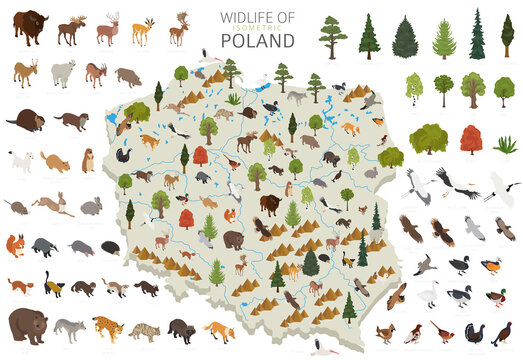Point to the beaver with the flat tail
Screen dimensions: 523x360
[24, 122]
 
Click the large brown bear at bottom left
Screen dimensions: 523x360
[27, 324]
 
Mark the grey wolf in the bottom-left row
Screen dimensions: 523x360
[70, 328]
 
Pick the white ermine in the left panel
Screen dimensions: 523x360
[19, 160]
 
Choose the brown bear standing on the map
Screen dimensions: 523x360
[233, 241]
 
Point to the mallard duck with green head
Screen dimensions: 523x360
[496, 298]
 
